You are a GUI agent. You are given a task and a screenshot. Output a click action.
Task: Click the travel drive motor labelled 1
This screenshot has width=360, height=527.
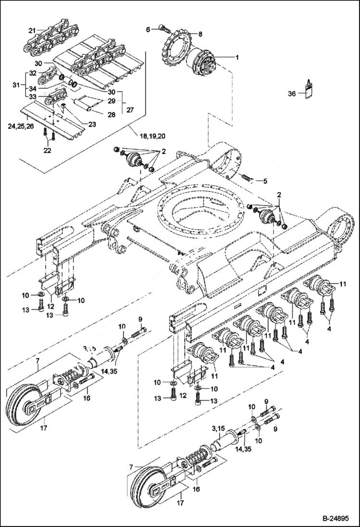coord(205,65)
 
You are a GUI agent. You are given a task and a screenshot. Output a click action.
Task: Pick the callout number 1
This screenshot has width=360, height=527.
coord(236,57)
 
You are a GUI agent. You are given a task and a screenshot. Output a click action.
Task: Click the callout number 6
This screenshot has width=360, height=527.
coord(149,30)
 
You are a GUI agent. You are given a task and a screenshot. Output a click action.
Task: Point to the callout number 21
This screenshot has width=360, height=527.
coord(32,30)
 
